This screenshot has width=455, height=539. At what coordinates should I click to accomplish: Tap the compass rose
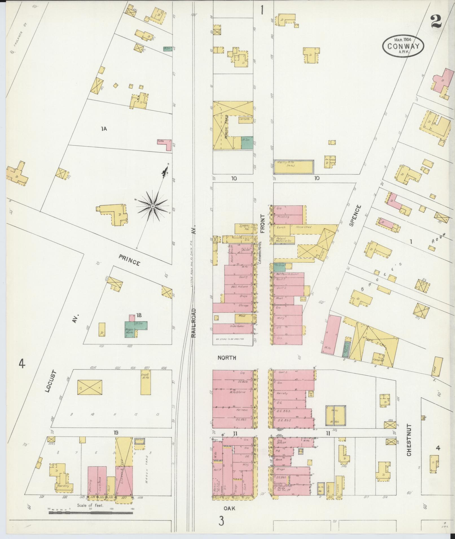click(153, 206)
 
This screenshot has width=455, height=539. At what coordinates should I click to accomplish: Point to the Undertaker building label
click(237, 326)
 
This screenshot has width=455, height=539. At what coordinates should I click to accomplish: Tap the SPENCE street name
click(354, 216)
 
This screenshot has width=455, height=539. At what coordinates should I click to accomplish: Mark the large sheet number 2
click(436, 22)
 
